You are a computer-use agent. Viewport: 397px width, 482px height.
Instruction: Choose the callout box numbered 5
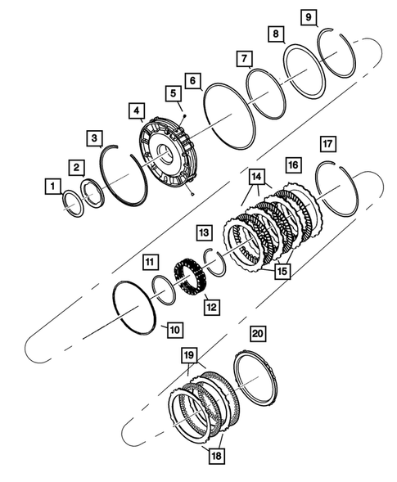(174, 95)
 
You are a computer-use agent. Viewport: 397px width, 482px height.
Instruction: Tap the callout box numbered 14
(256, 176)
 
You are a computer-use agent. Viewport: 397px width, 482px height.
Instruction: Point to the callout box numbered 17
(328, 145)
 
